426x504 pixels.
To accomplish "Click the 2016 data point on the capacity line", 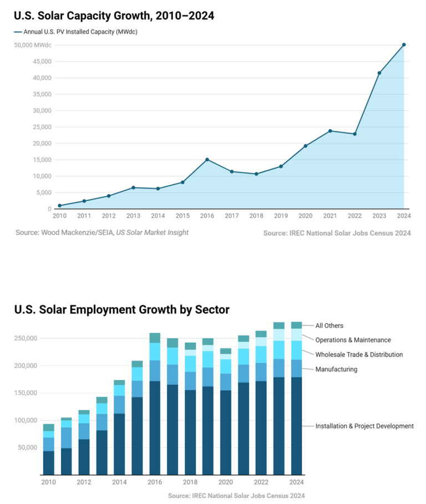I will click(x=207, y=160).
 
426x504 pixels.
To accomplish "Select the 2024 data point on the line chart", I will click(x=404, y=45).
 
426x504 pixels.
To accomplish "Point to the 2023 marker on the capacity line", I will click(x=379, y=73).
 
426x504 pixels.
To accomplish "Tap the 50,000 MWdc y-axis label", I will click(x=33, y=45).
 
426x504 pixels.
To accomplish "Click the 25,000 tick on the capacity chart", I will click(x=42, y=127).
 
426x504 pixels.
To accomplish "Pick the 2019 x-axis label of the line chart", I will click(x=281, y=216).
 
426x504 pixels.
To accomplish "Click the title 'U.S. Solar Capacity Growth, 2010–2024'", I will click(x=114, y=16).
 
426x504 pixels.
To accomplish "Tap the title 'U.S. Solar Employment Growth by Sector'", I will click(x=122, y=309).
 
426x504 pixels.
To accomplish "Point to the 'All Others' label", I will click(x=329, y=326).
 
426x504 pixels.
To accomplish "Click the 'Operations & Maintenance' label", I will click(x=353, y=340).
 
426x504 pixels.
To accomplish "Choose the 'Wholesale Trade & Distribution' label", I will click(x=359, y=355).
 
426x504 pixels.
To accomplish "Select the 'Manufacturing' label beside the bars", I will click(x=336, y=369).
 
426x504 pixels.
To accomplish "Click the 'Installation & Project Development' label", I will click(x=364, y=426).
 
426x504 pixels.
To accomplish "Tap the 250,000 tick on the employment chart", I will click(x=26, y=338).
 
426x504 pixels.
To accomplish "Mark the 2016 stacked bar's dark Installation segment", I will click(x=155, y=427).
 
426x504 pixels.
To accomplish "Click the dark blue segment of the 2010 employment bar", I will click(x=48, y=462).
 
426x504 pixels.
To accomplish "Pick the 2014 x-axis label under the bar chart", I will click(x=119, y=482).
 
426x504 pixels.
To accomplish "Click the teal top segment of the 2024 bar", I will click(x=297, y=325).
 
